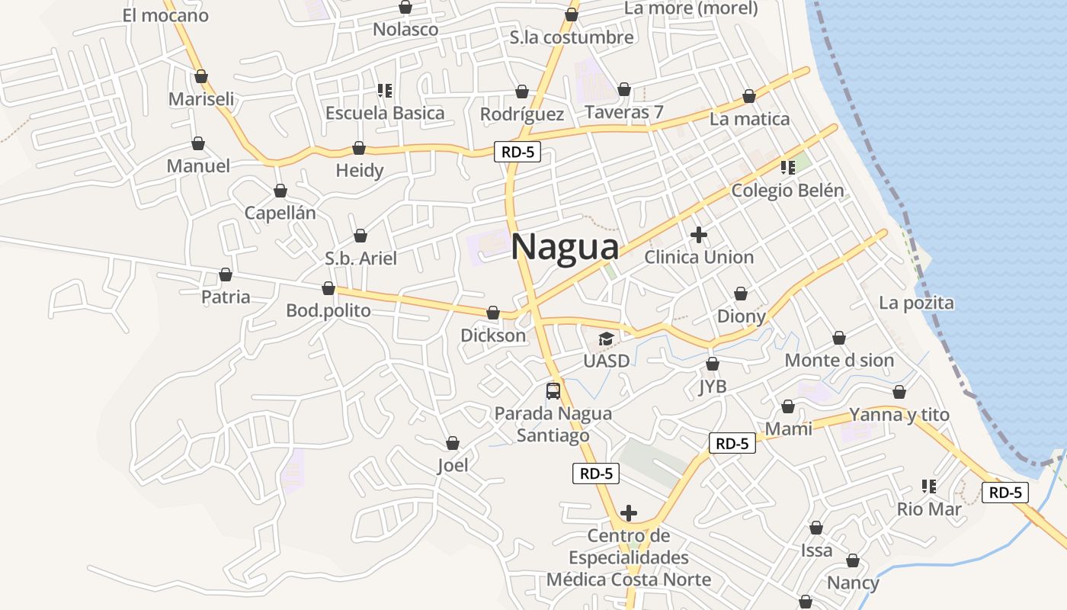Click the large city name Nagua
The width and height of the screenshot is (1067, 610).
click(565, 247)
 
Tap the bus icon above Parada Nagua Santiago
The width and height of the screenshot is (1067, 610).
click(553, 391)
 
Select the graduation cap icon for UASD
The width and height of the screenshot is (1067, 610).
click(606, 339)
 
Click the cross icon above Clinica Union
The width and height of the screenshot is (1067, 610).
click(698, 235)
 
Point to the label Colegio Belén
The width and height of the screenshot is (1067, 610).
click(787, 191)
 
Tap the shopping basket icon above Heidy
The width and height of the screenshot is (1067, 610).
click(359, 148)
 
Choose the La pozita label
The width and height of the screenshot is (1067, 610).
click(916, 303)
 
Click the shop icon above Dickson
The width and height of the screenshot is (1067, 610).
click(493, 313)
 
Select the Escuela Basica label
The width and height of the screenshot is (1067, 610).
click(385, 113)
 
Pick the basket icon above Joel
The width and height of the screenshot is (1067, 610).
click(453, 443)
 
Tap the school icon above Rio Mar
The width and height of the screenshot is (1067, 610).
click(928, 486)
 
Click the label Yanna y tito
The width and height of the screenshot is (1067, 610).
click(899, 415)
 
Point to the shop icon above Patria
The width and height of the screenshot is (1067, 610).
click(226, 274)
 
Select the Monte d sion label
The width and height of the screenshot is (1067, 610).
click(839, 360)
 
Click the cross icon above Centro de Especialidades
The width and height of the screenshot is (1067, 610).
click(629, 512)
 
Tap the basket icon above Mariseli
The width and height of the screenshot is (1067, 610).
click(201, 76)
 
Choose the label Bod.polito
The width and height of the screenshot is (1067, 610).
click(328, 310)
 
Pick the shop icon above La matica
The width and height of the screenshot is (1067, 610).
click(749, 97)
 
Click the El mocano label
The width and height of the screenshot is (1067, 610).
click(165, 15)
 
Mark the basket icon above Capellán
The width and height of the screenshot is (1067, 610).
click(280, 191)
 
